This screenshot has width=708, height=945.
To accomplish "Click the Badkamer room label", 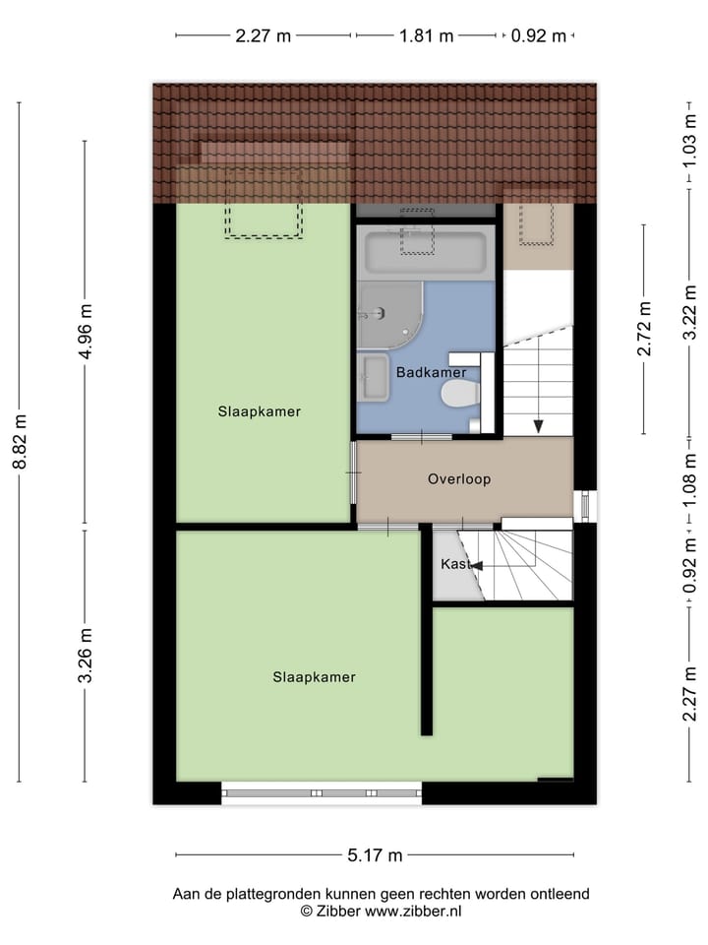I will pos(430,373).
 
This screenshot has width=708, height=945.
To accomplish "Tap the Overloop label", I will pos(458,479).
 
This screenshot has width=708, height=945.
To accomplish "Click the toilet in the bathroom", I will pos(459,395).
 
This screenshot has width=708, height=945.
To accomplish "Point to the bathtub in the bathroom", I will pos(426,253).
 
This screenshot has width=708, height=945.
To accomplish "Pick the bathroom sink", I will pos(374,377).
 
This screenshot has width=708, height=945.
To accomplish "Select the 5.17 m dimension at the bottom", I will pos(375,855).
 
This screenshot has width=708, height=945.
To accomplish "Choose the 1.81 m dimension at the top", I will pos(426,36).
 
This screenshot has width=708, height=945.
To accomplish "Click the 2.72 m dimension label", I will pos(644,330).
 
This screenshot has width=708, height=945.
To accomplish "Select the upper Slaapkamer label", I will pos(260,411).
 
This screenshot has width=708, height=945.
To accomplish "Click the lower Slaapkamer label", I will pos(314,677).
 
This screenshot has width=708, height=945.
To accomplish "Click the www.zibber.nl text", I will pos(413,912).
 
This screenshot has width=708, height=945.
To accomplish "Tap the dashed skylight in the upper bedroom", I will pos(263,202).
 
